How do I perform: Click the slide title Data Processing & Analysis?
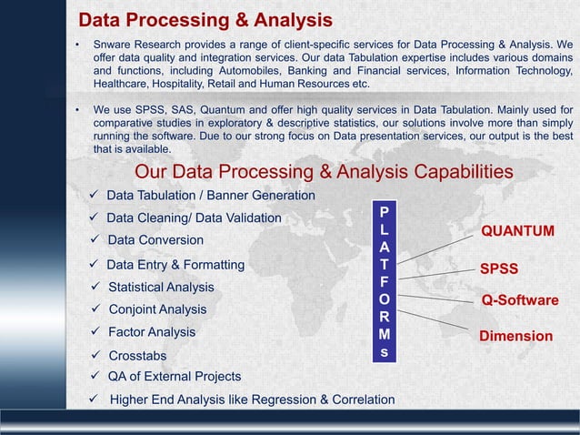(x=205, y=20)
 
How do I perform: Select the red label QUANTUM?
(x=517, y=231)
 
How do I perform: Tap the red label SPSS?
(x=500, y=269)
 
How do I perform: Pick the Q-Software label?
(x=519, y=300)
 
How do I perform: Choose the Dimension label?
(x=515, y=336)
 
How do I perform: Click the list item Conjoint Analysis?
(x=157, y=309)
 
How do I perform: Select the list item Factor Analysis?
(x=152, y=332)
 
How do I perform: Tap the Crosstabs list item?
(x=137, y=355)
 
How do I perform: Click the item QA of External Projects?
(x=174, y=377)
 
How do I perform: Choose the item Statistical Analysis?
(x=161, y=288)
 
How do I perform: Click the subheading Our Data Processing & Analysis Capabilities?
(x=324, y=172)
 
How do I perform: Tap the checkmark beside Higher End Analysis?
(x=94, y=399)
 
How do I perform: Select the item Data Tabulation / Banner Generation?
(x=211, y=196)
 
